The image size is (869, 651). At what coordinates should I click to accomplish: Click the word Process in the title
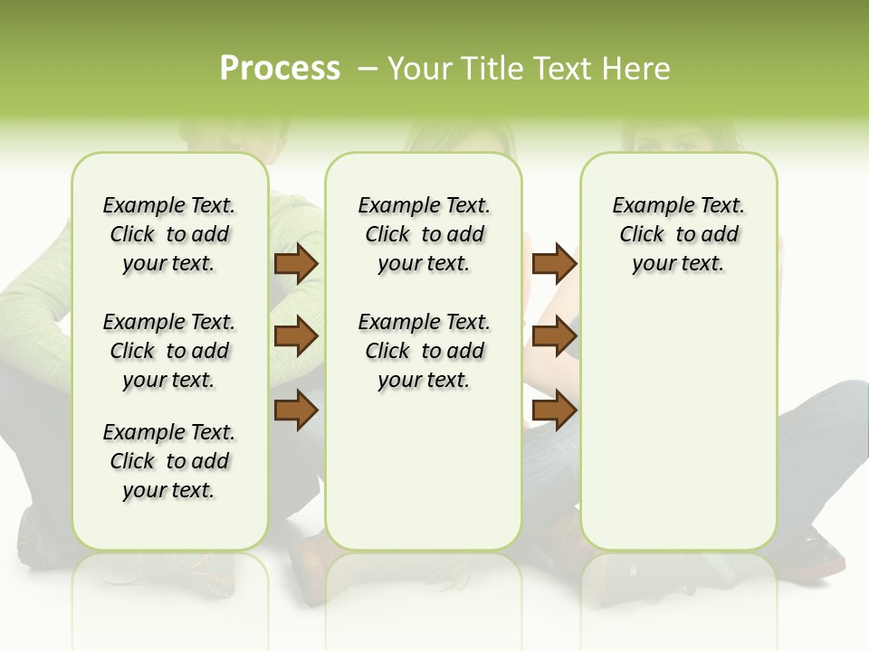pos(280,69)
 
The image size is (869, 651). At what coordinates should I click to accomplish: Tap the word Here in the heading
pos(637,69)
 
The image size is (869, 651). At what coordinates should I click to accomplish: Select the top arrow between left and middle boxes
pos(296,263)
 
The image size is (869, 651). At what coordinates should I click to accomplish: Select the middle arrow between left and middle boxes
pos(296,336)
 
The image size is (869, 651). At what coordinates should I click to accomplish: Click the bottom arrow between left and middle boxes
pos(296,410)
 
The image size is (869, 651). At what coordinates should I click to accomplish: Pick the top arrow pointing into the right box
pos(554,263)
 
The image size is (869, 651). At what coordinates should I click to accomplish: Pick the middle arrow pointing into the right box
pos(554,336)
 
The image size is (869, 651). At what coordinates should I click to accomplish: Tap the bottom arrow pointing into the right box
pos(554,410)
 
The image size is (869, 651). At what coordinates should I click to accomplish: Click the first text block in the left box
pos(169,234)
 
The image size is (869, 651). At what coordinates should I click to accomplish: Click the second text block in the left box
pos(169,351)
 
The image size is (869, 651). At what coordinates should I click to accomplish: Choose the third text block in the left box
pos(169,461)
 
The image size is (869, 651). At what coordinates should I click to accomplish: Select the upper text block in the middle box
pos(424,234)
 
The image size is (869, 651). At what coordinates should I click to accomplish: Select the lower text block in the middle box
pos(424,351)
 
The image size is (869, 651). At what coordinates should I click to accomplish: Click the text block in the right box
pos(678,234)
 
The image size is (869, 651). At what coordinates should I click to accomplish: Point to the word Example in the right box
pos(645,206)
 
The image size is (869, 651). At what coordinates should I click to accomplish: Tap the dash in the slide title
pos(368,69)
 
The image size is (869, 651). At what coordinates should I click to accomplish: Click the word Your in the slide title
pos(416,69)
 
